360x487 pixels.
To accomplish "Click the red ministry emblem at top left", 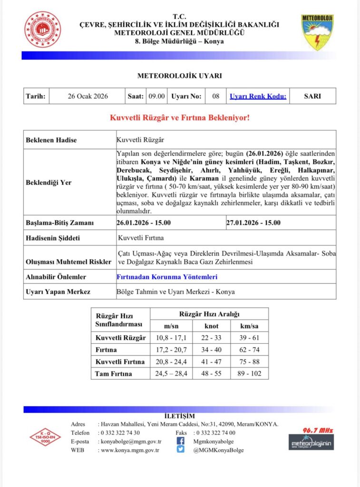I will [x=42, y=29].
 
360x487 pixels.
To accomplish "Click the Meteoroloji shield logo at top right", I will [x=317, y=32].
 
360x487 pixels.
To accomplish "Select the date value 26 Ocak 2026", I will [x=88, y=96].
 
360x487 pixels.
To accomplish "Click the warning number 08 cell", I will [x=216, y=96].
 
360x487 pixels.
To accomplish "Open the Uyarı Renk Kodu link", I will [x=258, y=96].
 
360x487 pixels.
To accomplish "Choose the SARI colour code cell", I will [x=312, y=96].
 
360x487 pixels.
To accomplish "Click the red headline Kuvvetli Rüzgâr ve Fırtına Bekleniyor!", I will [x=180, y=117].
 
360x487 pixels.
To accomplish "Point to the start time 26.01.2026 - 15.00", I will [x=144, y=223].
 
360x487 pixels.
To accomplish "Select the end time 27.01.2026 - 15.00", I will [x=253, y=223].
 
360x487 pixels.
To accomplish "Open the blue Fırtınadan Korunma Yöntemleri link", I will [x=167, y=276].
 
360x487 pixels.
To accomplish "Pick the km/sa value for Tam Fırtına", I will [x=249, y=373].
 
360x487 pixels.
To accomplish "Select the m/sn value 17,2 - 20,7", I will [x=171, y=350].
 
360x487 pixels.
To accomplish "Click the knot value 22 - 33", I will [x=212, y=338].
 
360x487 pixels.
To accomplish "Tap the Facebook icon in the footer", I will [x=181, y=441].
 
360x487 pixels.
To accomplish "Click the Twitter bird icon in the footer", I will [x=181, y=449].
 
